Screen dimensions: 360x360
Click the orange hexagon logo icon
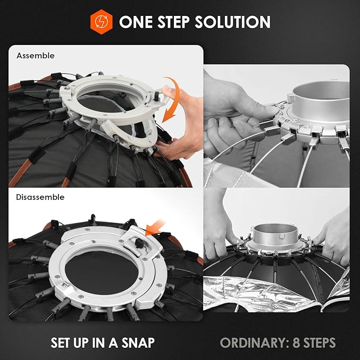[101, 22]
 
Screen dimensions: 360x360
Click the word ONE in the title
[136, 22]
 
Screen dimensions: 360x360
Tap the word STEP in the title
[173, 22]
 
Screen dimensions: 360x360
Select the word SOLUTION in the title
[232, 22]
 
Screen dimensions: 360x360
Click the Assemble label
[36, 56]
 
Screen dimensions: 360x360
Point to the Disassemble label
[40, 197]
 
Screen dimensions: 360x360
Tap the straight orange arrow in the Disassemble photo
[155, 228]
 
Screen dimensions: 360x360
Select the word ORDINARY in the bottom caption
[254, 343]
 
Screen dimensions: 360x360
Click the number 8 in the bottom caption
[296, 343]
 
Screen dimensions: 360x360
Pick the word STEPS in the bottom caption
[319, 343]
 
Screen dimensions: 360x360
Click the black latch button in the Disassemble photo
[139, 243]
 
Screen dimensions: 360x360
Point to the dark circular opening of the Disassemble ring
[102, 273]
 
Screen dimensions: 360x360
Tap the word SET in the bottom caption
[60, 343]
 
